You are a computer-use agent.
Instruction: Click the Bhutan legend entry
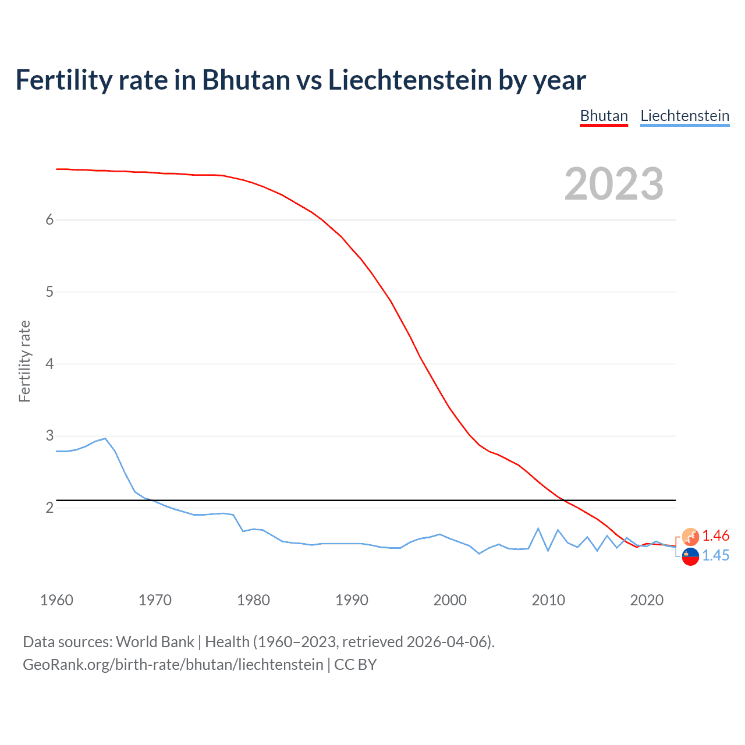click(x=604, y=116)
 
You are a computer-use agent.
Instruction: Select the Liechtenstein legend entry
click(x=684, y=116)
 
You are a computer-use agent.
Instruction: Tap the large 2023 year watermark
click(x=614, y=184)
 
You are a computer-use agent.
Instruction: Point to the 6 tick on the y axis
click(x=49, y=219)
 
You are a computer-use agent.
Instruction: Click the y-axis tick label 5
click(x=49, y=292)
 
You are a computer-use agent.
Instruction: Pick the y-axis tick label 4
click(x=49, y=364)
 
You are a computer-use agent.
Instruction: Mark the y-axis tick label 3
click(x=49, y=435)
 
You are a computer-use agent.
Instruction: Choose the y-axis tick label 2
click(x=49, y=508)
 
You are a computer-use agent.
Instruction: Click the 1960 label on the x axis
click(x=56, y=600)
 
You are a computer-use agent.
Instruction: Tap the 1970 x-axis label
click(x=155, y=600)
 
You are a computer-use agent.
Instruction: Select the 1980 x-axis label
click(x=253, y=600)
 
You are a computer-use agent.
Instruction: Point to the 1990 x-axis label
click(x=352, y=600)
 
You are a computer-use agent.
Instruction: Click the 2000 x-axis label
click(x=450, y=600)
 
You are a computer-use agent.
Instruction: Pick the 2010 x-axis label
click(x=548, y=600)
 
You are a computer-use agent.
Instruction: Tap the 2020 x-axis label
click(x=647, y=600)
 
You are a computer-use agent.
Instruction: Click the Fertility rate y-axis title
click(x=24, y=361)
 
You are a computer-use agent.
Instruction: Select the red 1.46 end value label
click(x=715, y=535)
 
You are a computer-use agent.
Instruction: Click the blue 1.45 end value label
click(x=715, y=555)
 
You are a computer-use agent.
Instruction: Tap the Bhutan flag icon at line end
click(x=690, y=537)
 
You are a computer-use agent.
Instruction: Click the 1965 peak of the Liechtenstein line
click(x=105, y=438)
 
